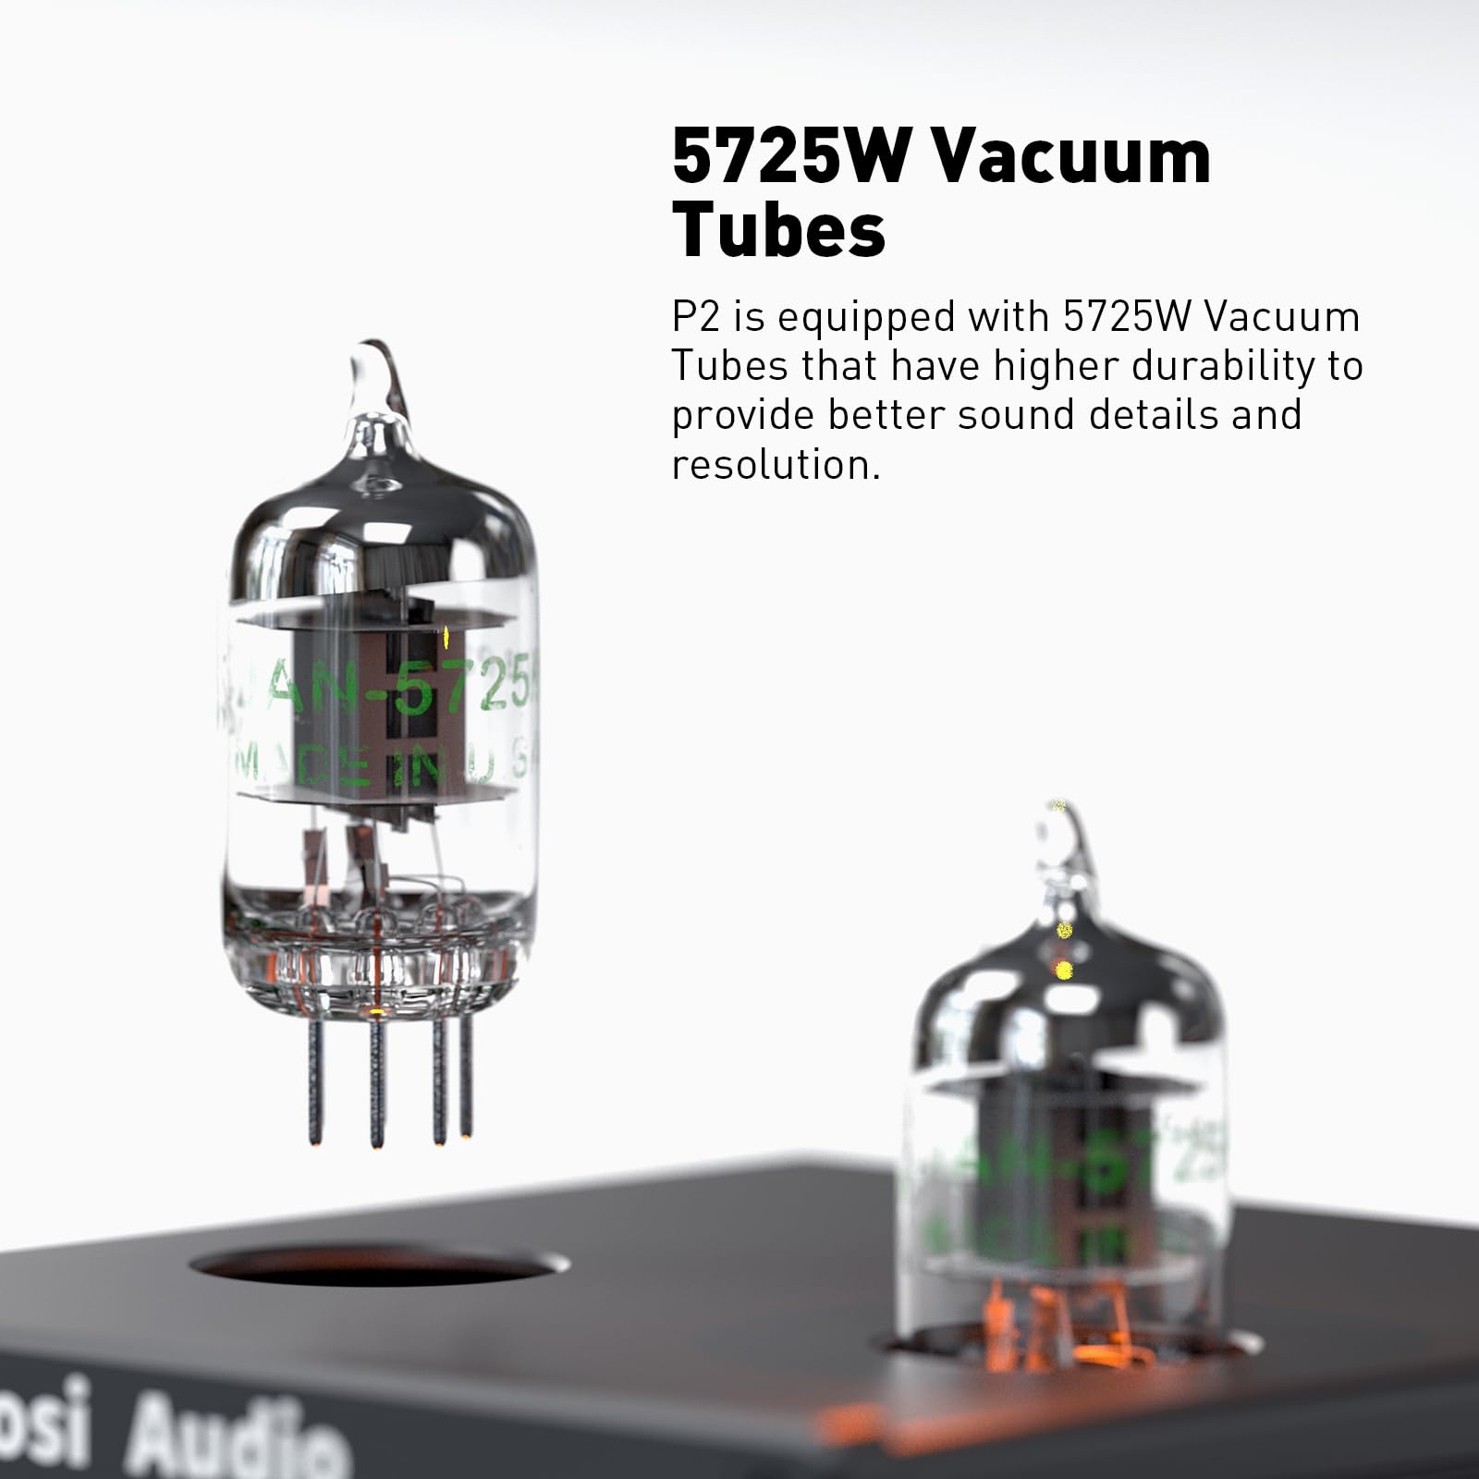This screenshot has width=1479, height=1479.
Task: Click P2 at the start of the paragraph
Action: pyautogui.click(x=695, y=317)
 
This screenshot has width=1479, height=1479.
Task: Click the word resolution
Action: pyautogui.click(x=775, y=464)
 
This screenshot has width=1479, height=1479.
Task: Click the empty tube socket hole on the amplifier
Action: pyautogui.click(x=379, y=1265)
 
